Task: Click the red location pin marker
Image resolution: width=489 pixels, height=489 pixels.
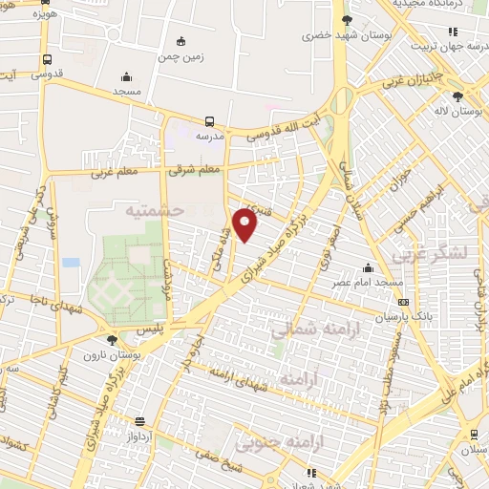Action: point(246,225)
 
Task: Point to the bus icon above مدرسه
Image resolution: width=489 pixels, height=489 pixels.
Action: point(209,121)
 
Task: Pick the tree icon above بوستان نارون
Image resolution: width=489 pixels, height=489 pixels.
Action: point(113,340)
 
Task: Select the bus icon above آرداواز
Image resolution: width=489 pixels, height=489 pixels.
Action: point(140,421)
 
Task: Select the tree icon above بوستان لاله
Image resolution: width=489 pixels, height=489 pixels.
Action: point(458,96)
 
